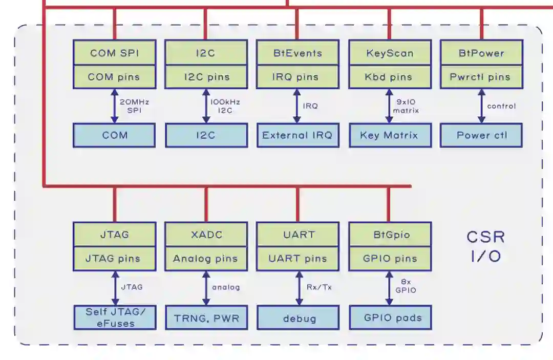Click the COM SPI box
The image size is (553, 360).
coord(114,53)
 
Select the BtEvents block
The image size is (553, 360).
coord(297,53)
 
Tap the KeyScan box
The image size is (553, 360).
coord(390,53)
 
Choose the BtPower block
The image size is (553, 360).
coord(481,53)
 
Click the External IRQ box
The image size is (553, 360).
coord(297,135)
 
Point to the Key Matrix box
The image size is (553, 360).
coord(390,135)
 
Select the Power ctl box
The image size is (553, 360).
coord(481,135)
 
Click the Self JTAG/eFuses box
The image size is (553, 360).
coord(114,317)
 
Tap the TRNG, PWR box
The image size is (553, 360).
coord(206,317)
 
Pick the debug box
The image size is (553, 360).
coord(297,317)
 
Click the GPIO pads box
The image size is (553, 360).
coord(390,317)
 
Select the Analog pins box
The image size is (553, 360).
coord(206,259)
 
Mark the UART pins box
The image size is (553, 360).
coord(297,259)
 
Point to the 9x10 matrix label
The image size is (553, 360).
coord(406,106)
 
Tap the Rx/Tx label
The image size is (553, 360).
coord(319,287)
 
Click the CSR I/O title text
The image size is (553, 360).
coord(485,246)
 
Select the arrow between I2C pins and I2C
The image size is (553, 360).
coord(206,106)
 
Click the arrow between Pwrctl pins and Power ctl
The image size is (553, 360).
coord(481,106)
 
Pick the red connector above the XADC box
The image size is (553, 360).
coord(206,204)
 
